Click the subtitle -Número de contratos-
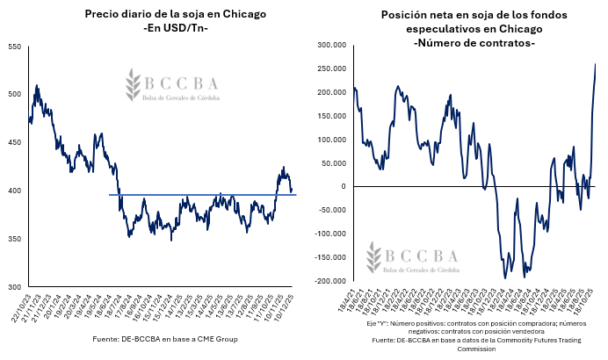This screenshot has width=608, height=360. [474, 43]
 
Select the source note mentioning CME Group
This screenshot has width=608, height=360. [165, 339]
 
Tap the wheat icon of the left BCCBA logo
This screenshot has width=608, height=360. [134, 83]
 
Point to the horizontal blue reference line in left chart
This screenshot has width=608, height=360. [202, 195]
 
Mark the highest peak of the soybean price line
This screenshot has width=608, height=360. [37, 85]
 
